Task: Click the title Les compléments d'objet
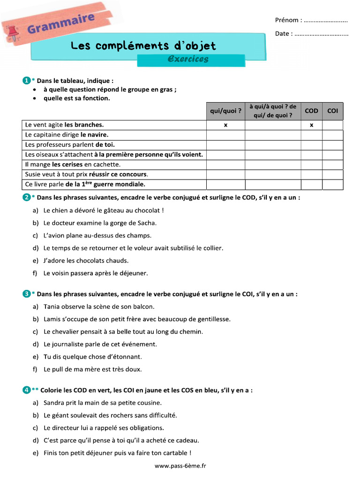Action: tap(143, 45)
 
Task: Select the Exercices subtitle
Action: tap(187, 59)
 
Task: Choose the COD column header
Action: tap(311, 111)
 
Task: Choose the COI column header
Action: tap(332, 111)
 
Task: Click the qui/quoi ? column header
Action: tap(225, 111)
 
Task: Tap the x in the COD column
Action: tap(311, 125)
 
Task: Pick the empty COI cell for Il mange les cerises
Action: tap(332, 165)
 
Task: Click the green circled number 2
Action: tap(26, 197)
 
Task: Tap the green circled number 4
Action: tap(26, 390)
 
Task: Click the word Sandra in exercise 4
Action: tap(54, 403)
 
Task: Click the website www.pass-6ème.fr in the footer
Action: tap(180, 465)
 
